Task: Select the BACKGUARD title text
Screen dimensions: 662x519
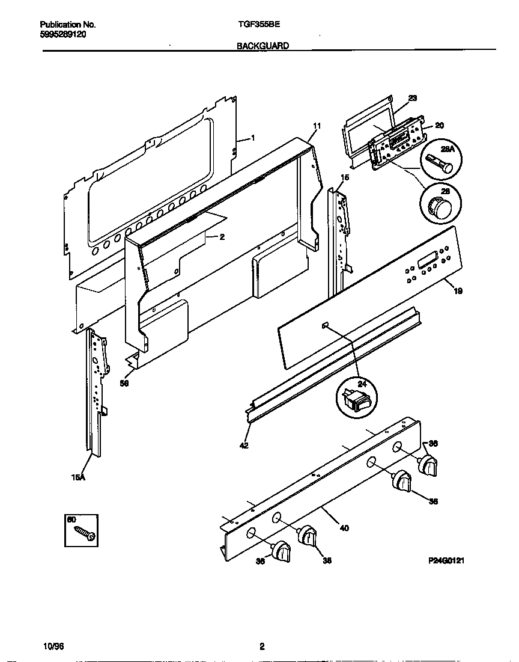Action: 263,46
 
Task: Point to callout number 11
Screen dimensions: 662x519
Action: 317,126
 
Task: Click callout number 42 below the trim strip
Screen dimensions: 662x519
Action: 244,446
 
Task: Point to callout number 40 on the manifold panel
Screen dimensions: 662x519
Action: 344,529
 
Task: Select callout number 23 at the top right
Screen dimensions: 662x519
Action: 412,97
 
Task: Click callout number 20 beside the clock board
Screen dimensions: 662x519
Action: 439,125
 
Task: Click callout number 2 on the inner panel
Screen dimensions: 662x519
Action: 222,237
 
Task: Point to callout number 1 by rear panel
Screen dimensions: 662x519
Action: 252,138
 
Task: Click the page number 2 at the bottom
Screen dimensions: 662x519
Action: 261,647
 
